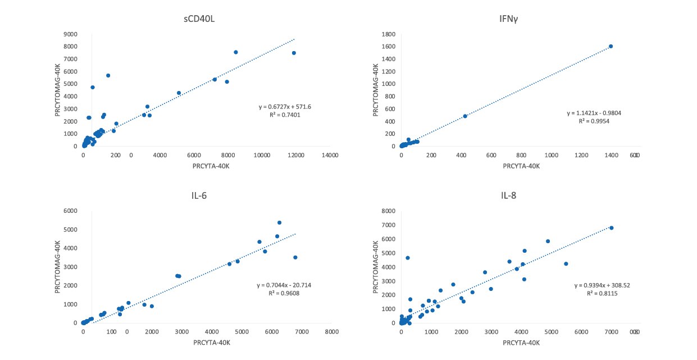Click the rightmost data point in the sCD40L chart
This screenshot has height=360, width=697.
pyautogui.click(x=294, y=53)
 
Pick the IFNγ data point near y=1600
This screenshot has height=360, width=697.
pyautogui.click(x=611, y=47)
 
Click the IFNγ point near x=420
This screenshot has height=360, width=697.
pyautogui.click(x=465, y=116)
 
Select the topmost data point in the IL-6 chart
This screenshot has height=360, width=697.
pyautogui.click(x=279, y=222)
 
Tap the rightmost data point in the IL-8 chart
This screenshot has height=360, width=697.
pyautogui.click(x=612, y=228)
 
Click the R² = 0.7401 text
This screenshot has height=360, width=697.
pyautogui.click(x=280, y=115)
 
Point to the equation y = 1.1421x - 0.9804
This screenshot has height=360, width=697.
pyautogui.click(x=594, y=113)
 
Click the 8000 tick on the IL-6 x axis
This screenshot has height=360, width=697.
pyautogui.click(x=331, y=332)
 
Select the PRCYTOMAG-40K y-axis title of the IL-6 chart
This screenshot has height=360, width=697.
pyautogui.click(x=58, y=267)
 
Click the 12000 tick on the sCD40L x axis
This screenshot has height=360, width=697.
pyautogui.click(x=295, y=155)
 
